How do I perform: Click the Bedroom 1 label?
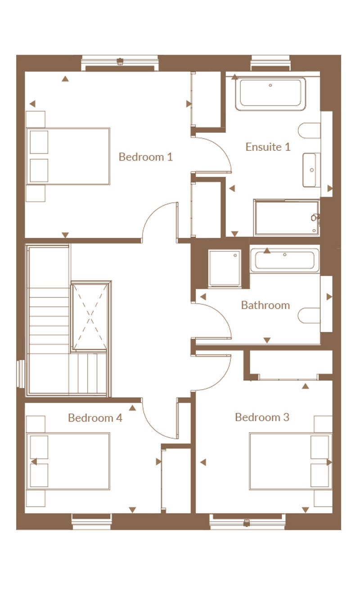[146, 157]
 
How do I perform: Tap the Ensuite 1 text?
[268, 147]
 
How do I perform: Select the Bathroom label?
[265, 305]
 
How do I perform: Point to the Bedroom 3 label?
[262, 417]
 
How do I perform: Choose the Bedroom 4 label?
[95, 418]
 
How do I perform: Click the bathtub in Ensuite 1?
[270, 94]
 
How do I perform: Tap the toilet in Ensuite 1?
[309, 130]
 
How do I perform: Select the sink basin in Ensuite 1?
[311, 170]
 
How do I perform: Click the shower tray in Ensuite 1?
[287, 218]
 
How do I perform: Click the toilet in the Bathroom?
[309, 315]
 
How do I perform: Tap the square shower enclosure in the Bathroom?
[225, 268]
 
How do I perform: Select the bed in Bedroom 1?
[68, 156]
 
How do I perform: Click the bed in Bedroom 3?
[291, 461]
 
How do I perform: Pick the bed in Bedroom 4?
[68, 461]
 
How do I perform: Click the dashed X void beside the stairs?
[90, 317]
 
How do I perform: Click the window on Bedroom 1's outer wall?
[120, 63]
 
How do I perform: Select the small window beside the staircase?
[21, 374]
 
